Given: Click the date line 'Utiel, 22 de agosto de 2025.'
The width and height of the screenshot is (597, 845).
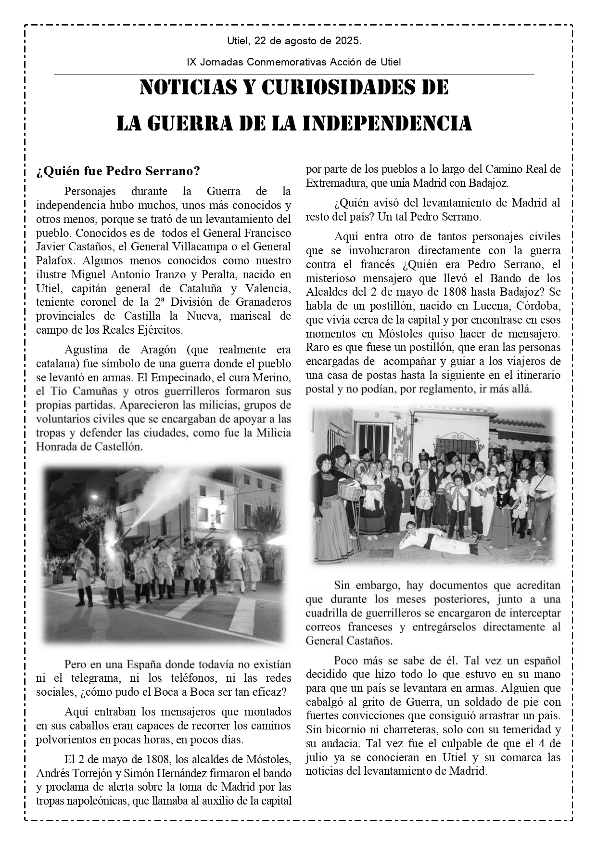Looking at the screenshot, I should [x=294, y=41].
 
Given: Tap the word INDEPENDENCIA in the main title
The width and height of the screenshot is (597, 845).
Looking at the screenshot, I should [x=388, y=124].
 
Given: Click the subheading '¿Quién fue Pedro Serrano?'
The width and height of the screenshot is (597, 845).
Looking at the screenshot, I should [x=118, y=171].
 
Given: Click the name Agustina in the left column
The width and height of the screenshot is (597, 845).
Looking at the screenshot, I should [x=86, y=349].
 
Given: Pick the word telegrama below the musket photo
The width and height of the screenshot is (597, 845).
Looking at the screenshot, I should [x=95, y=678].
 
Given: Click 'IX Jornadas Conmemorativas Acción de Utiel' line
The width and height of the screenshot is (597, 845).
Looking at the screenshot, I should [x=294, y=62].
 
